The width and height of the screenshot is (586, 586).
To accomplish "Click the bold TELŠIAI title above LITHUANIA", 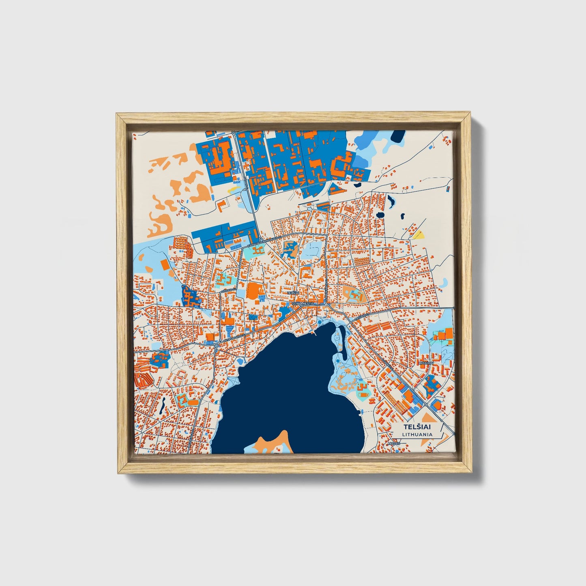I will [x=417, y=427].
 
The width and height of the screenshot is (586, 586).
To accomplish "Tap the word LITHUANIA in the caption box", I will [x=417, y=434].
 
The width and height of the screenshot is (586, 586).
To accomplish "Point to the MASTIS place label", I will [x=393, y=443].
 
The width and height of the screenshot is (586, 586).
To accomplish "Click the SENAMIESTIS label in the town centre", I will [x=303, y=303].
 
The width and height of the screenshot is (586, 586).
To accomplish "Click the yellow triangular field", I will [x=418, y=234].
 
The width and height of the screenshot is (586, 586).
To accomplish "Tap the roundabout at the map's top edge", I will [x=234, y=132].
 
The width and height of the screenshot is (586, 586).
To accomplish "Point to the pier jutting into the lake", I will [x=313, y=333].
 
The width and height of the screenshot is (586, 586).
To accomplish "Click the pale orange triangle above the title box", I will [x=427, y=417].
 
